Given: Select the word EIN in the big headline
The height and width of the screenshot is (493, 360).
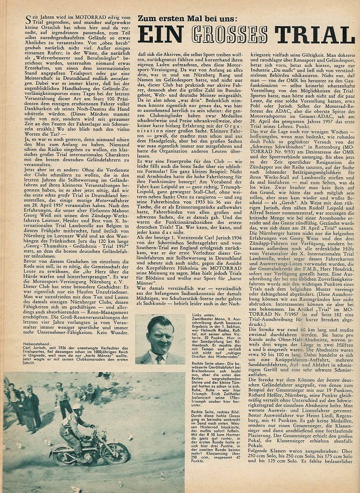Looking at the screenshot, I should [x=161, y=35].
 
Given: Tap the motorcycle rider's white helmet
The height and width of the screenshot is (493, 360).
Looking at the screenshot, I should [x=76, y=407].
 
